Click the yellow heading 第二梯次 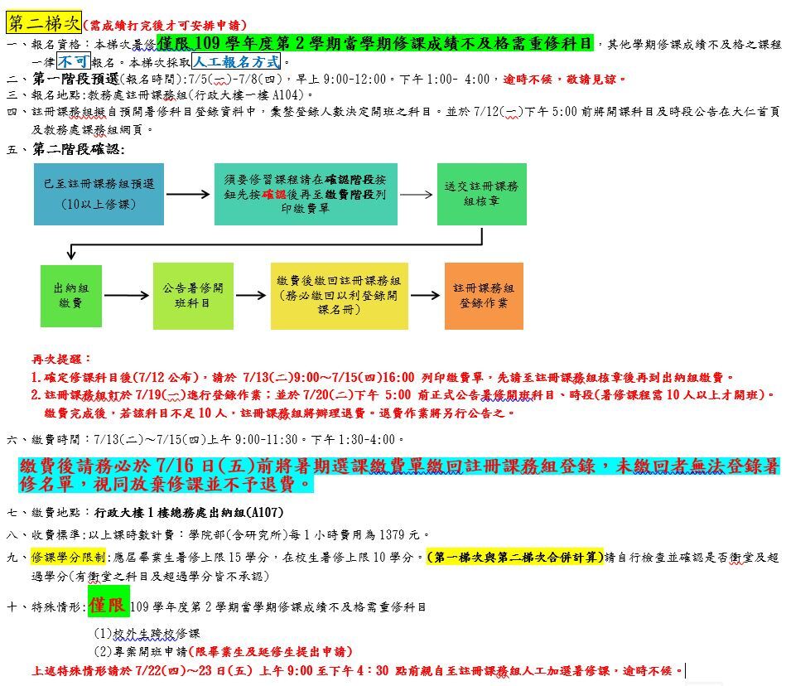click(x=44, y=23)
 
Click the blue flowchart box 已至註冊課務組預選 click(x=99, y=194)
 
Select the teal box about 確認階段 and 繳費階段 click(x=306, y=194)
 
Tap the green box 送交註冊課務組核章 click(x=482, y=194)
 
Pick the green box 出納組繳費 click(x=71, y=296)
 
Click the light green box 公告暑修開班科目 click(x=193, y=296)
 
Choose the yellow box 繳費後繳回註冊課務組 click(x=340, y=296)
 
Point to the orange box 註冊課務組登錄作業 click(x=484, y=296)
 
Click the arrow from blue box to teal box click(x=188, y=194)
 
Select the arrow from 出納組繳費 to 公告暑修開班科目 click(x=127, y=295)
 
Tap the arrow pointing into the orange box click(x=425, y=295)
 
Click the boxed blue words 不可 click(x=74, y=61)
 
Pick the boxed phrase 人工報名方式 click(x=236, y=61)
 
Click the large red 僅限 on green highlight click(x=108, y=606)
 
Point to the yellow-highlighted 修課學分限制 click(x=68, y=557)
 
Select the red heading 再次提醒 click(x=61, y=359)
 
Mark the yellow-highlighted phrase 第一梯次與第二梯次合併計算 click(x=515, y=557)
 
